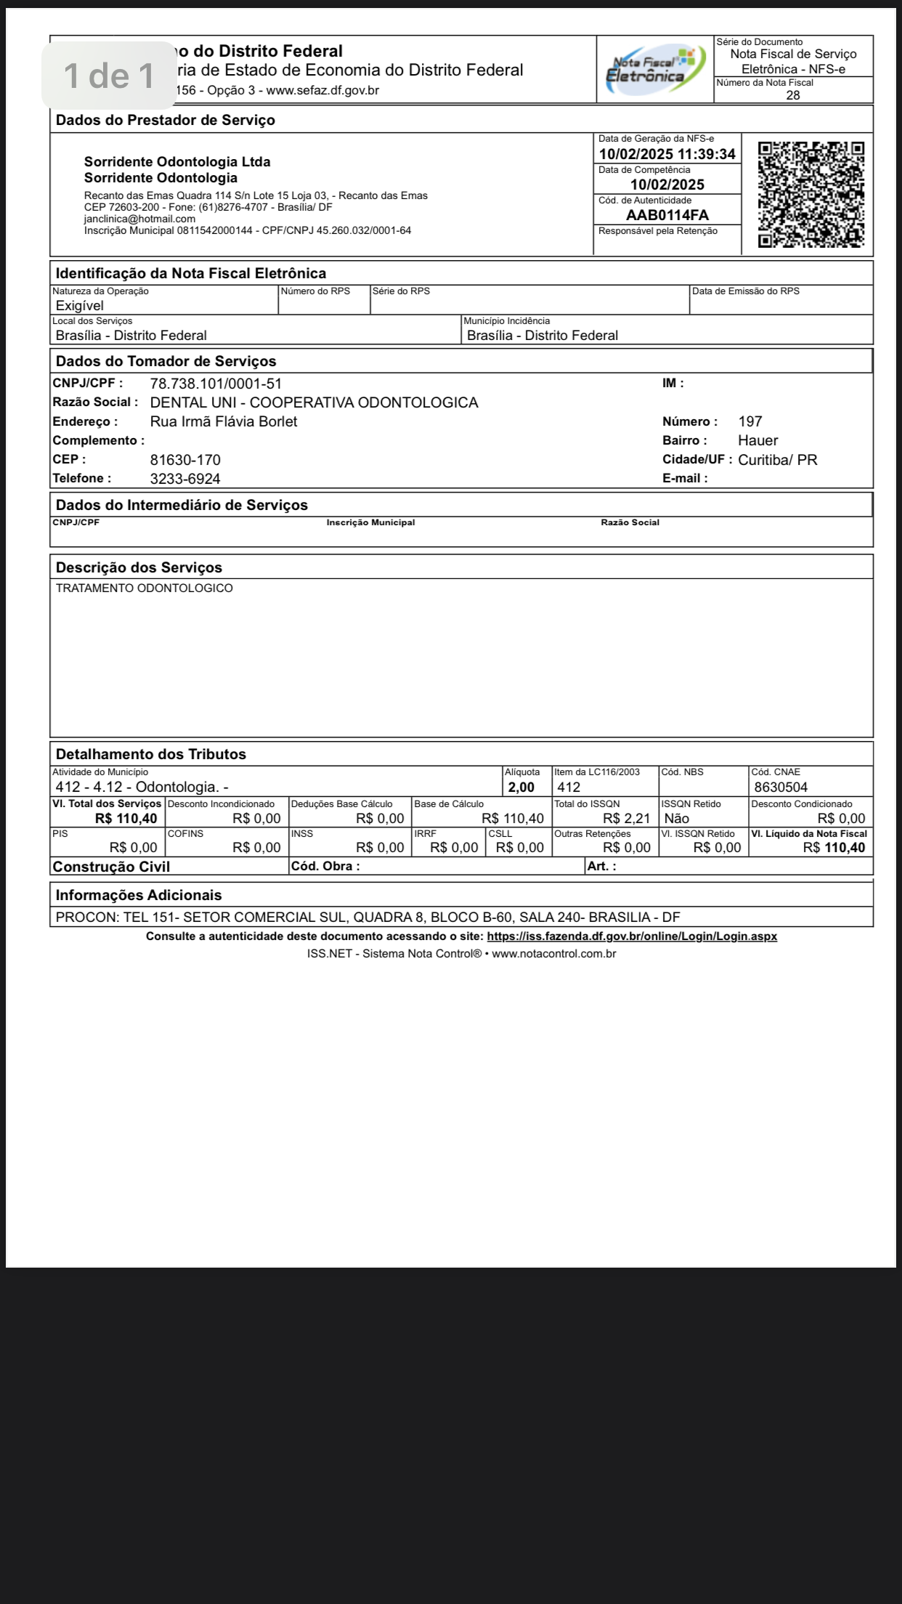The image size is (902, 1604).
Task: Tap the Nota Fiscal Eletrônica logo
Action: [x=654, y=69]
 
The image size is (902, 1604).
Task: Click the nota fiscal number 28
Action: [x=793, y=95]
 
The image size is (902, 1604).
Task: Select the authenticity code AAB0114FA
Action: [x=667, y=215]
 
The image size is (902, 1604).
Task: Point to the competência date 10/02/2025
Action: [x=667, y=185]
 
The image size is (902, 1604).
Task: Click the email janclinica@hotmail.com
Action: [x=139, y=219]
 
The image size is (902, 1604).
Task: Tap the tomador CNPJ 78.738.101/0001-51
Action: [x=216, y=384]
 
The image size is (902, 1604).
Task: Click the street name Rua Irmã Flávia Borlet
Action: [x=224, y=421]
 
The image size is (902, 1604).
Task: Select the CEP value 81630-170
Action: [x=185, y=460]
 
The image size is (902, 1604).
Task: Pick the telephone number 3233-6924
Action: [x=185, y=479]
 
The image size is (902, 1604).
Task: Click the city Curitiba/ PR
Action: [x=777, y=460]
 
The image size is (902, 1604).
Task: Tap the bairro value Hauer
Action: [x=757, y=440]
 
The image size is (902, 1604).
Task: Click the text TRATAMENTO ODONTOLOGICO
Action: [x=145, y=588]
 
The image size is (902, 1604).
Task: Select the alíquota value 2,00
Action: [x=521, y=787]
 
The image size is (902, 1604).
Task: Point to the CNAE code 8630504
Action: [x=781, y=787]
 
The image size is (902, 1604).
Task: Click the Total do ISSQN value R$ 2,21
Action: [x=626, y=819]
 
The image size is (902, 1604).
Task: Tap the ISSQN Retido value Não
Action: [x=677, y=819]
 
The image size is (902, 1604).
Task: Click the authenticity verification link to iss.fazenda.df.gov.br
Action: [x=632, y=936]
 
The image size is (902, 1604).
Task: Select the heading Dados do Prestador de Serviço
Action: [x=166, y=121]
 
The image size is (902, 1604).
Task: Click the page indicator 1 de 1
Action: [x=109, y=76]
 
